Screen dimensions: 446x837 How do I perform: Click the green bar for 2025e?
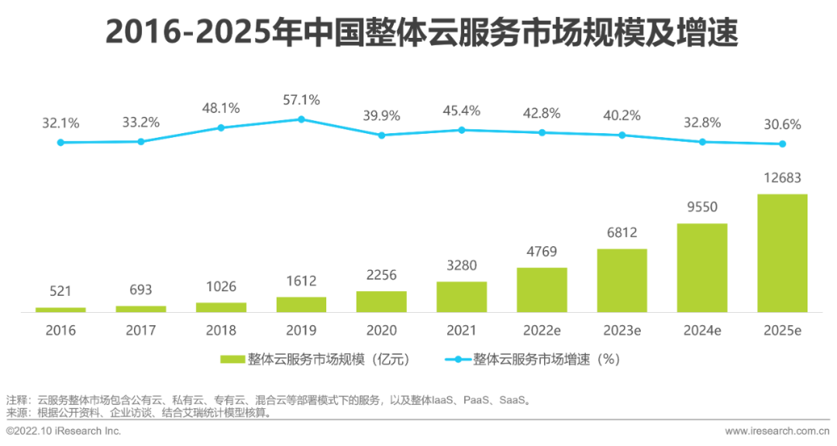click(782, 253)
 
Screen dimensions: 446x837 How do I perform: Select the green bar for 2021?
click(461, 297)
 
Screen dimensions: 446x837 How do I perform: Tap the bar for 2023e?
click(622, 280)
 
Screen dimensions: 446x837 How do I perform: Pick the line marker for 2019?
click(301, 119)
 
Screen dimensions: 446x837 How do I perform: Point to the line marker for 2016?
click(60, 142)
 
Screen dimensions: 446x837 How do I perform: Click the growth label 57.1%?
click(301, 100)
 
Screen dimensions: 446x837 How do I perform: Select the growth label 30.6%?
click(782, 124)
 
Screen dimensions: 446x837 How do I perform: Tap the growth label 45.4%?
click(461, 111)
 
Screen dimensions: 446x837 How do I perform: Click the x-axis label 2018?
click(221, 331)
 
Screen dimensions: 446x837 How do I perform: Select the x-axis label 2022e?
click(542, 331)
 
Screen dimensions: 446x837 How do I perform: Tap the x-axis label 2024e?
click(702, 331)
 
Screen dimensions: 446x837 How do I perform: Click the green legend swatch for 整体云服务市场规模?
click(232, 359)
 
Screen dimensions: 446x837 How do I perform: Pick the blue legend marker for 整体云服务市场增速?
click(457, 359)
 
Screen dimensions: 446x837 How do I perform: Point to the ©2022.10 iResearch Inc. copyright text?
click(64, 431)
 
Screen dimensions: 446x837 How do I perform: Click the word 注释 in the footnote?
click(17, 400)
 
